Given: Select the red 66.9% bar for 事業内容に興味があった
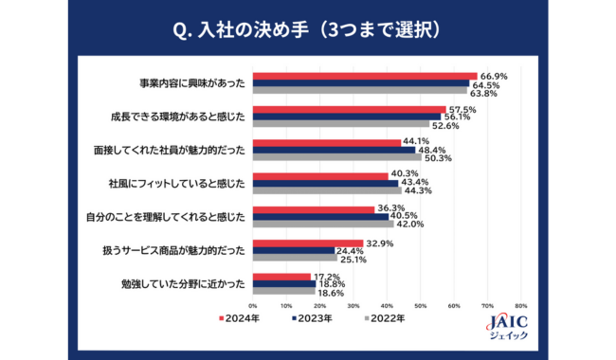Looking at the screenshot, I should [364, 76].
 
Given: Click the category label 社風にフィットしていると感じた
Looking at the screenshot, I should [177, 183].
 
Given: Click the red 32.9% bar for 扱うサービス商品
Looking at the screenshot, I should [307, 242].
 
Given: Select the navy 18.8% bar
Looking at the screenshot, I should [283, 283].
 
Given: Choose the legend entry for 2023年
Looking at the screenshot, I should [312, 318].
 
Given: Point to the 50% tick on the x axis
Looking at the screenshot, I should [420, 306].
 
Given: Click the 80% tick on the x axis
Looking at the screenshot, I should [520, 306].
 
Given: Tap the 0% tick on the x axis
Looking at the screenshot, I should [252, 306].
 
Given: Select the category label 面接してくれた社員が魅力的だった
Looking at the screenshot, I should [178, 150].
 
